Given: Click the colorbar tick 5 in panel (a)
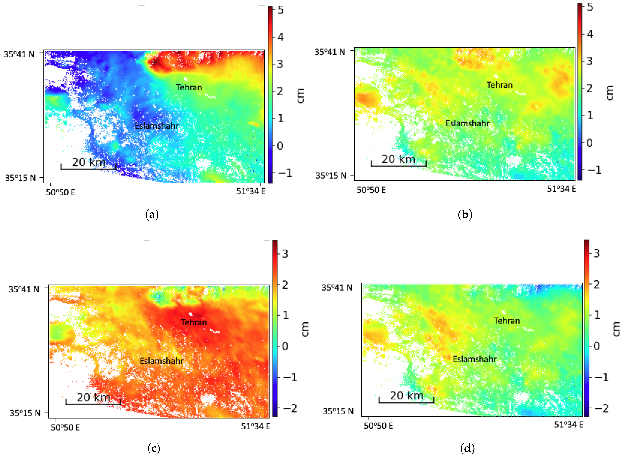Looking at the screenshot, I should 280,10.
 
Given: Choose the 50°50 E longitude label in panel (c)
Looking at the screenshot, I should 65,427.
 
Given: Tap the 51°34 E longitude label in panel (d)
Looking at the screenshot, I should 569,424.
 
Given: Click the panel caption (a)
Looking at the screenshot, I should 152,215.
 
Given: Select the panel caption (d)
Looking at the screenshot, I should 467,448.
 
